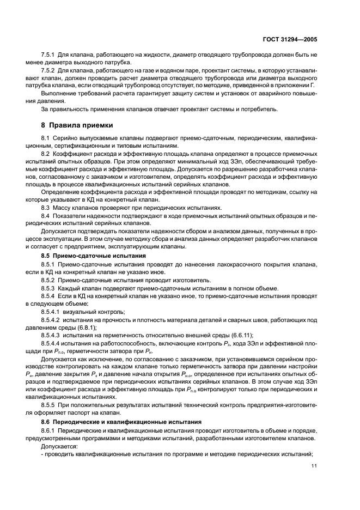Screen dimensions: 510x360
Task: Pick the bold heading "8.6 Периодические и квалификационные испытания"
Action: click(117, 422)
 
